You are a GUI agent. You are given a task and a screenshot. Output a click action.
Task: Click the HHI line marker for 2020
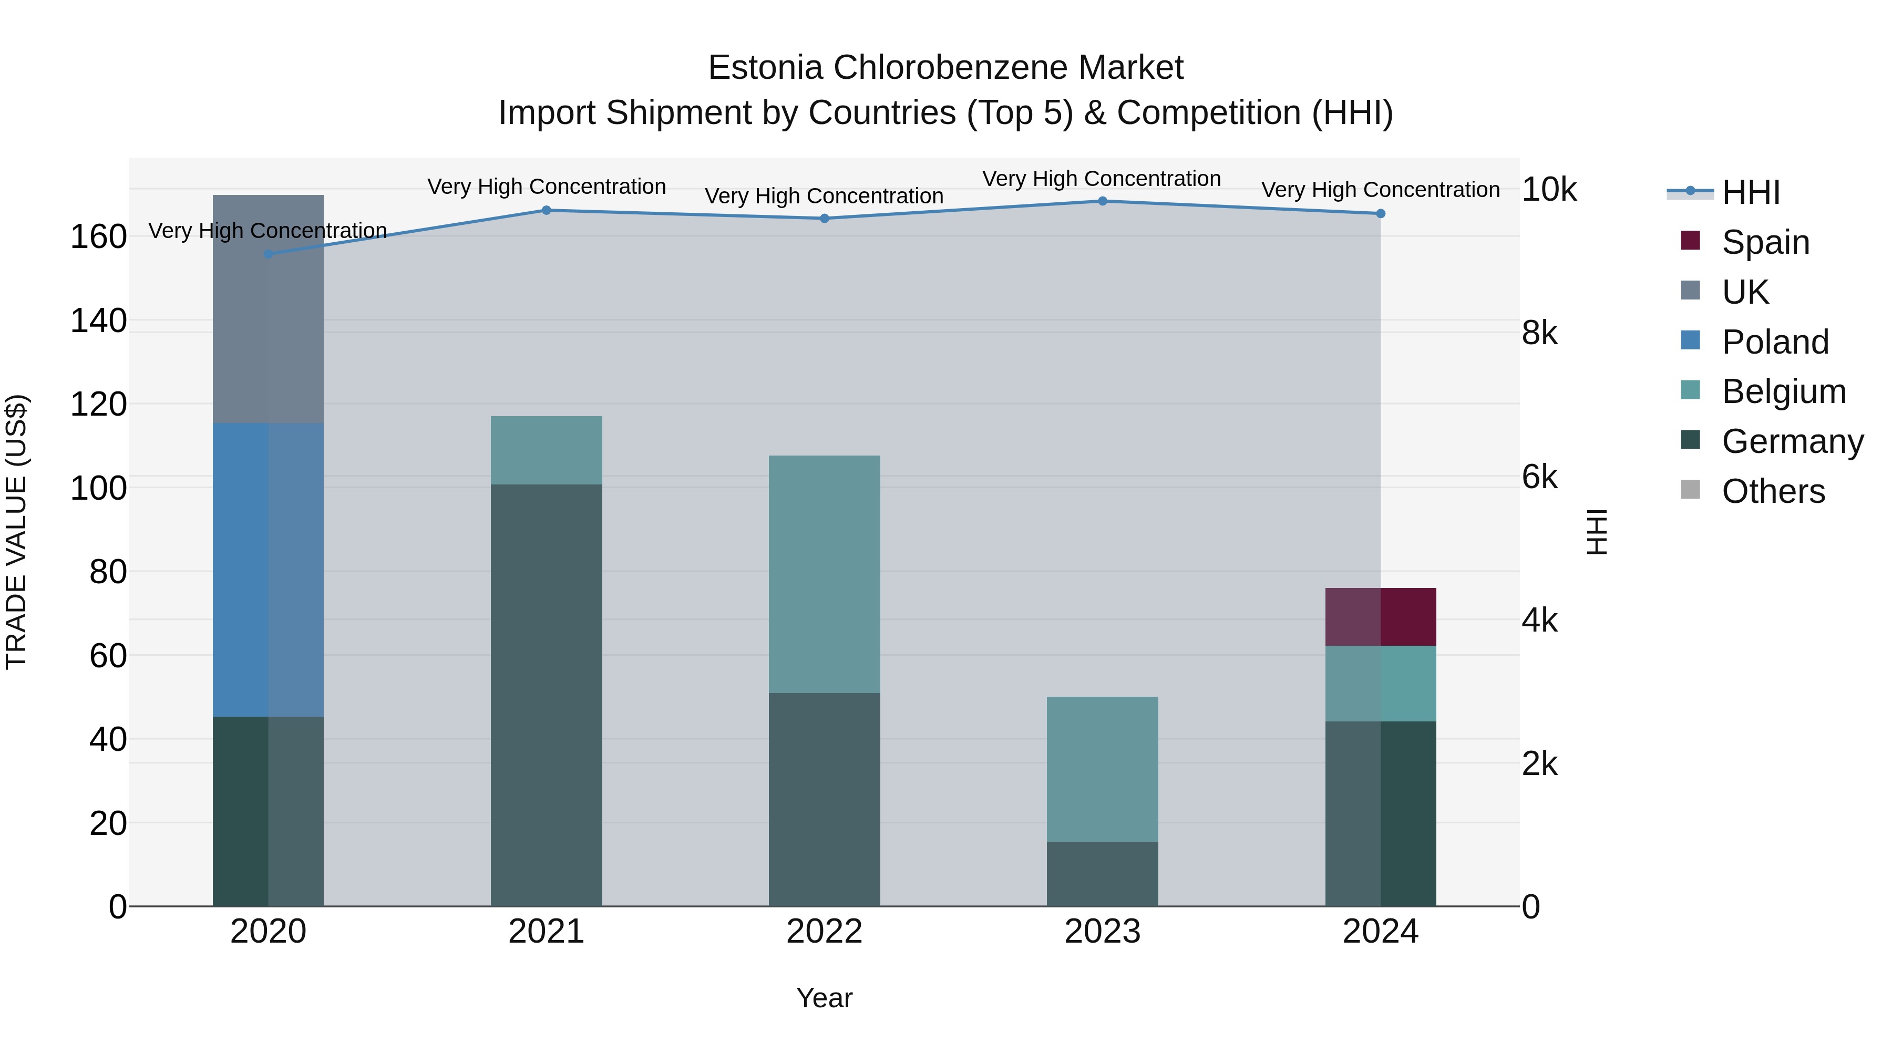268,254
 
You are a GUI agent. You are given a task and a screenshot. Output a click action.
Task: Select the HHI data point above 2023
1103,201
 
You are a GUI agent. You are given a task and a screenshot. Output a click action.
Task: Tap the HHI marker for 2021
547,211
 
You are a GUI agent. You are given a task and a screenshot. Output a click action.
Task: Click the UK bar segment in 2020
268,308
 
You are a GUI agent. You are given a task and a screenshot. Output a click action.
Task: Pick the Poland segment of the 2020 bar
268,569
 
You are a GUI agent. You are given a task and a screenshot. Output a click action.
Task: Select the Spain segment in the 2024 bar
1380,617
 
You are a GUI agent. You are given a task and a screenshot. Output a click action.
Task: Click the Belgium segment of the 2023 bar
1103,769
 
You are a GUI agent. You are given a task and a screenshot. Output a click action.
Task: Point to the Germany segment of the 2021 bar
547,694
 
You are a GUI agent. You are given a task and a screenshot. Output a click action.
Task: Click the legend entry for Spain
1765,242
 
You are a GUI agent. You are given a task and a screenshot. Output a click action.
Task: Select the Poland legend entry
1774,342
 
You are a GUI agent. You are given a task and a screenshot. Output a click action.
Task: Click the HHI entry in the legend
1750,192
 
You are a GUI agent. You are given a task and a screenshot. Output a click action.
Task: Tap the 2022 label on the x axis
824,932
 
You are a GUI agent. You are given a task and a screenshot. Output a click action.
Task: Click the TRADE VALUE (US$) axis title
16,532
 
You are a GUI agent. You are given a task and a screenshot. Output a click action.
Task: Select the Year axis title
824,998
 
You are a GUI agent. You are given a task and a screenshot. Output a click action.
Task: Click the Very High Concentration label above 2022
824,196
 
